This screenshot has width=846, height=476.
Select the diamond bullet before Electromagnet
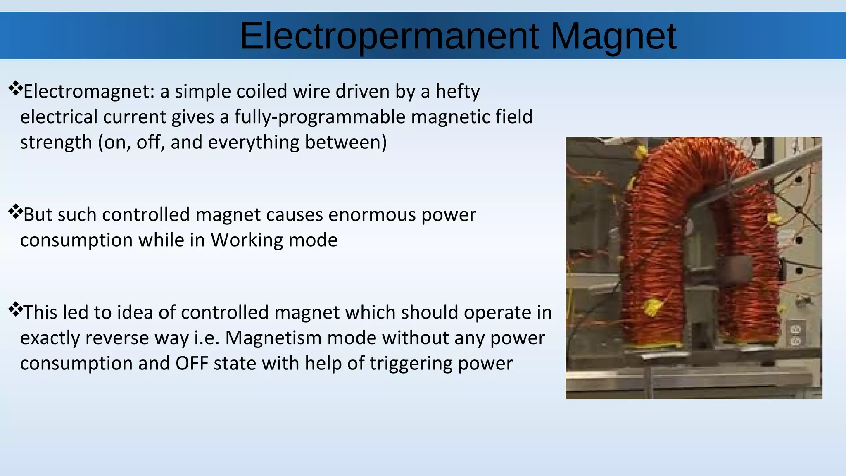[x=15, y=88]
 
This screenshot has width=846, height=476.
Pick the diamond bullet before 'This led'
[x=15, y=309]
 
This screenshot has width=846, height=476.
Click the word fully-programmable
[x=320, y=117]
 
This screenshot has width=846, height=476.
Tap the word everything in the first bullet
[x=253, y=142]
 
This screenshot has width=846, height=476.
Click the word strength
[x=56, y=143]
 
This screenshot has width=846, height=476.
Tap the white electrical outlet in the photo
[x=796, y=335]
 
